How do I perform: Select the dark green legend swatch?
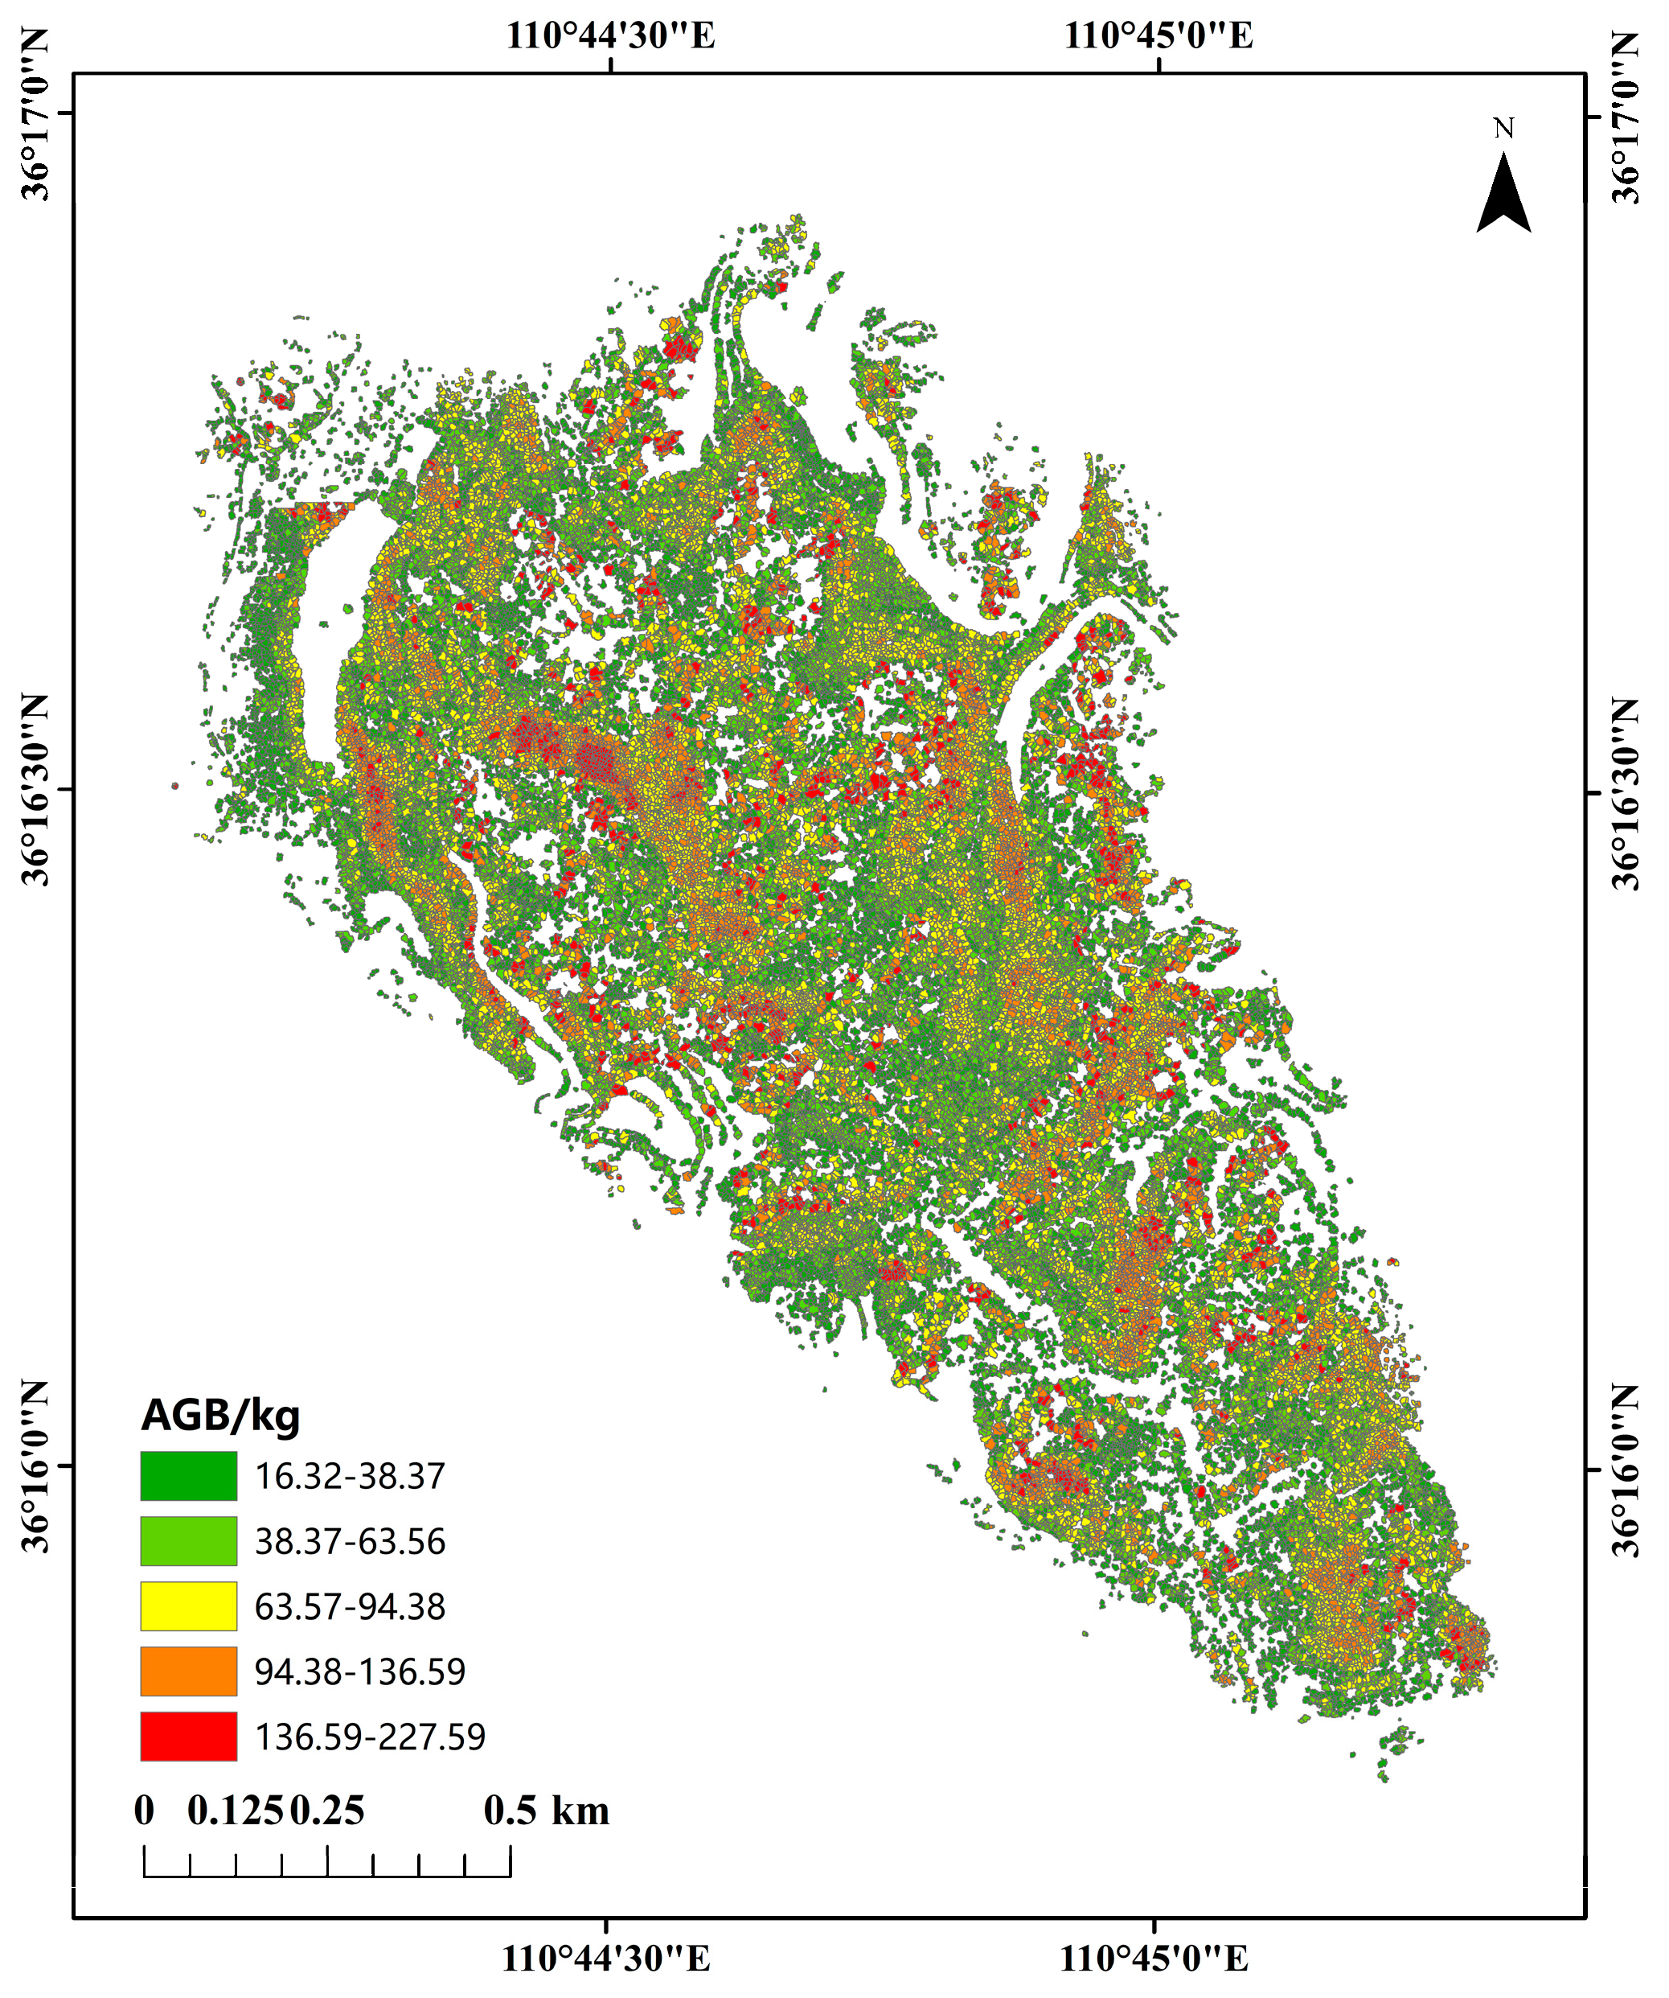tap(188, 1476)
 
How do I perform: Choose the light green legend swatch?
tap(188, 1541)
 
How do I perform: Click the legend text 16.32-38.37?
tap(349, 1477)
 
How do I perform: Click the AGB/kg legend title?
tap(220, 1416)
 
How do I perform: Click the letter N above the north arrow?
tap(1503, 128)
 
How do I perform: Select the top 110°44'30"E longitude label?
tap(609, 36)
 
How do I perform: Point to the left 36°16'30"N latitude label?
tap(36, 790)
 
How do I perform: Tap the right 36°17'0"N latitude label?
tap(1626, 116)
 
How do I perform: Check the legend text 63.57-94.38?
tap(349, 1607)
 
